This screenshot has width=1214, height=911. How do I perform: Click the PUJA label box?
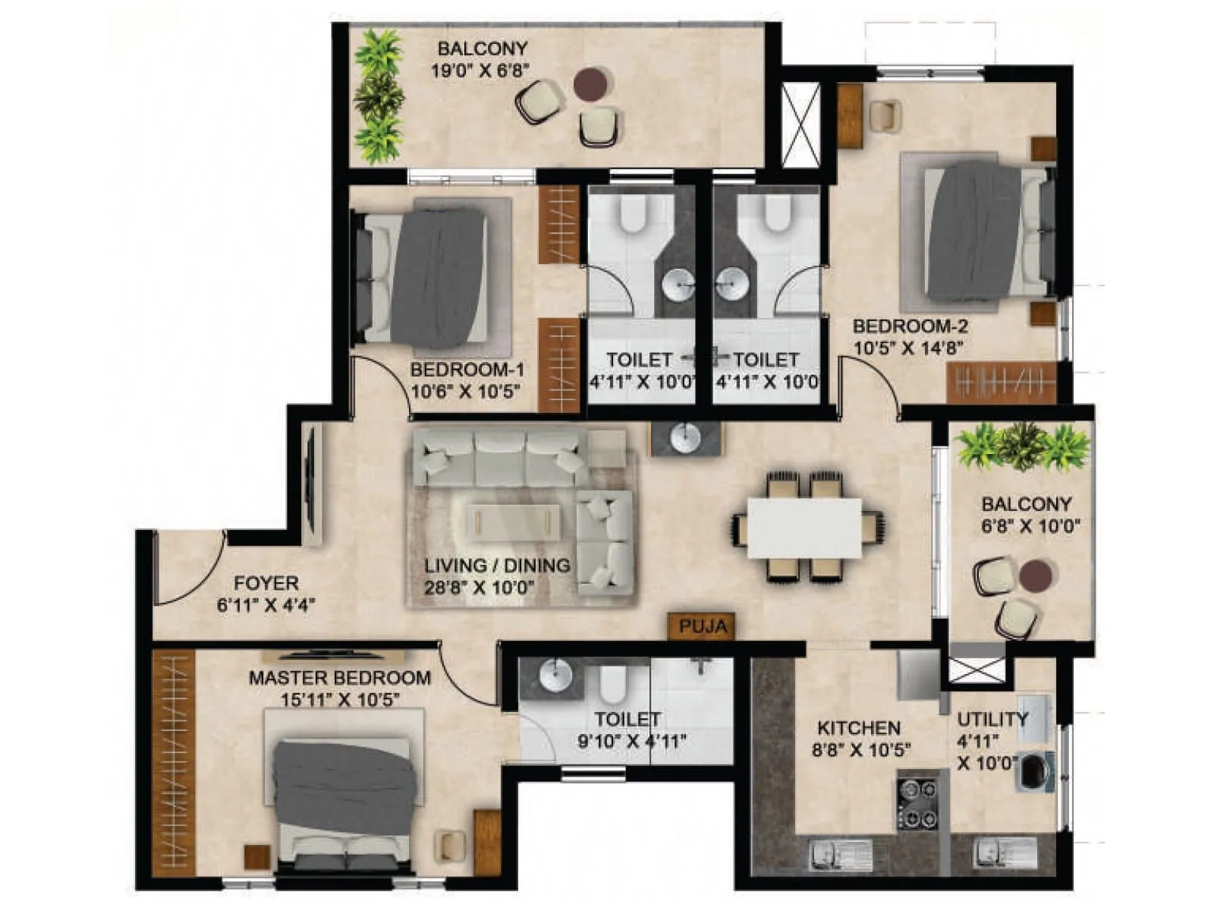click(703, 626)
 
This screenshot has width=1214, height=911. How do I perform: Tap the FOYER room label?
click(266, 583)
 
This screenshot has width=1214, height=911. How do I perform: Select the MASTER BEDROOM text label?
click(339, 677)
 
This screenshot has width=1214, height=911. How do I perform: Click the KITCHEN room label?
click(858, 728)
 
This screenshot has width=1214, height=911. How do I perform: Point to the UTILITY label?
click(992, 719)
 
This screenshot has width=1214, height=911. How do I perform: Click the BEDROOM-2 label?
click(910, 326)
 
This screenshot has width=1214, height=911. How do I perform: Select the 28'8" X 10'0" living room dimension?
click(480, 587)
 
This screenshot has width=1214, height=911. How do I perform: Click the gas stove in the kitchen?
click(917, 804)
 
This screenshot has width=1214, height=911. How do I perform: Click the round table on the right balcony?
click(1035, 577)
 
